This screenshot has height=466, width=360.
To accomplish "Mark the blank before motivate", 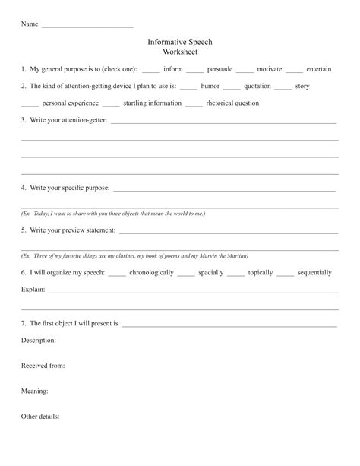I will [x=244, y=71].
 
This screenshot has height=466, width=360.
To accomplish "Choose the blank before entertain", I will [x=294, y=71].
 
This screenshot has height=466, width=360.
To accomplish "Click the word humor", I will [x=210, y=87].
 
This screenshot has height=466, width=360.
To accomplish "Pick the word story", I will [x=302, y=87].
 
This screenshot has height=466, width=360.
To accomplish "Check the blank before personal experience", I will [x=30, y=105].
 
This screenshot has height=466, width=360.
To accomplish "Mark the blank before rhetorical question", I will [x=194, y=105].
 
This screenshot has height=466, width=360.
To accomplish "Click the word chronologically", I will [x=151, y=272].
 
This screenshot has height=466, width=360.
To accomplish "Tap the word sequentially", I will [x=314, y=272].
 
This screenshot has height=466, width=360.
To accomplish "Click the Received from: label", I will [x=43, y=366].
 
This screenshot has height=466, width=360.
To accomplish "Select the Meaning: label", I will [x=35, y=392].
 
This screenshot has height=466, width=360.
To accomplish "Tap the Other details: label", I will [x=40, y=417].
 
